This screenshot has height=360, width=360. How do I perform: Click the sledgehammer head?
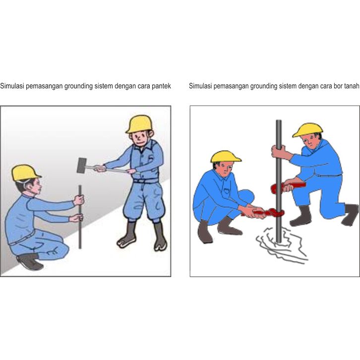click(x=82, y=165)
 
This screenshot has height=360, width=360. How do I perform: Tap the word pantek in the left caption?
click(x=161, y=86)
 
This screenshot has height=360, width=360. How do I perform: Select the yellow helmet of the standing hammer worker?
click(x=139, y=124)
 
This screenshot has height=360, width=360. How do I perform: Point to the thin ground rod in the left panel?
click(x=80, y=217)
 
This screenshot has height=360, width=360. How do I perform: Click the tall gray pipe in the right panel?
click(x=279, y=181)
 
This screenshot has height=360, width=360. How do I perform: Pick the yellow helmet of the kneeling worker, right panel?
click(x=307, y=130)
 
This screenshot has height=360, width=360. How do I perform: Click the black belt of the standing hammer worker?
click(x=146, y=181)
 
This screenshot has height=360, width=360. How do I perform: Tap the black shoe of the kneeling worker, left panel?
click(x=30, y=261)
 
